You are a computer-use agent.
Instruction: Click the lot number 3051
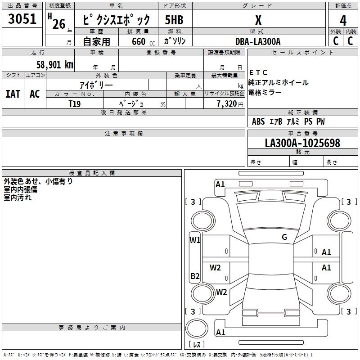(x=22, y=18)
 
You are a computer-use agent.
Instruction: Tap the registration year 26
(x=58, y=24)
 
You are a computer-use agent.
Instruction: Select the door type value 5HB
(x=174, y=20)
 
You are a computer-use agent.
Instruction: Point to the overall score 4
(x=343, y=20)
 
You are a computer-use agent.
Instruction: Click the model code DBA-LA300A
(x=258, y=41)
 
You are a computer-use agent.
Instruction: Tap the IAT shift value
(x=13, y=94)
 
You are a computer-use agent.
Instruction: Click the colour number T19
(x=75, y=103)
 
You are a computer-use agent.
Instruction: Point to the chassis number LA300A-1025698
(x=302, y=143)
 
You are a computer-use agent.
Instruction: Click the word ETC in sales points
(x=259, y=72)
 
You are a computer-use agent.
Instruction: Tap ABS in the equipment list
(x=258, y=121)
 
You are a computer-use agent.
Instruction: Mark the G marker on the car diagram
(x=284, y=237)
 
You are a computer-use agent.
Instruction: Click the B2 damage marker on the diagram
(x=195, y=276)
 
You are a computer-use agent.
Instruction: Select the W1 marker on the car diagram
(x=195, y=240)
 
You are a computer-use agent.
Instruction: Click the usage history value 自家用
(x=96, y=41)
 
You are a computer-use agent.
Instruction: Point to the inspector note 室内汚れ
(x=18, y=198)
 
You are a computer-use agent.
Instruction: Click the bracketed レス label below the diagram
(x=196, y=345)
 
